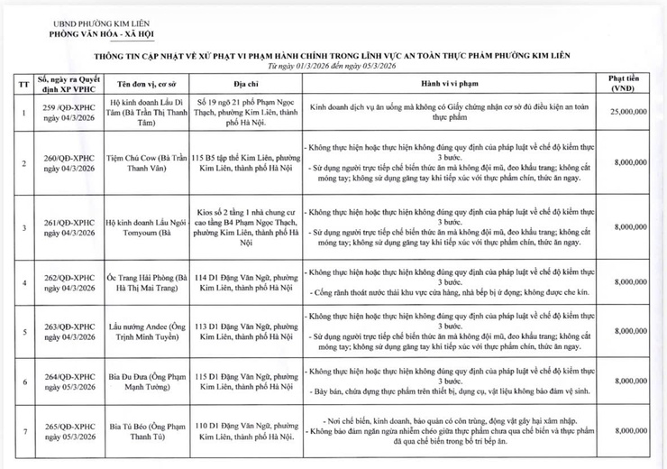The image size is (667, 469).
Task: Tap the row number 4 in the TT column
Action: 22,281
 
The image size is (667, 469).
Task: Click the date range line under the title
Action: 333,65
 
